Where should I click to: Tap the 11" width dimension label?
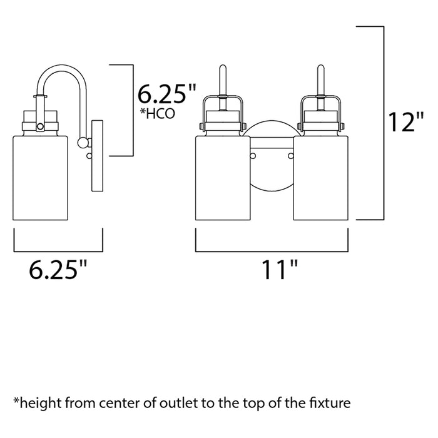point(280,269)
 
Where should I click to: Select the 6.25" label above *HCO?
point(167,94)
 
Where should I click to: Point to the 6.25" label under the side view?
point(58,269)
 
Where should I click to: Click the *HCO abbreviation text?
point(157,114)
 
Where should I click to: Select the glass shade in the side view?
point(41,178)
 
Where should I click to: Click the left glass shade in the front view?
point(223,178)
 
